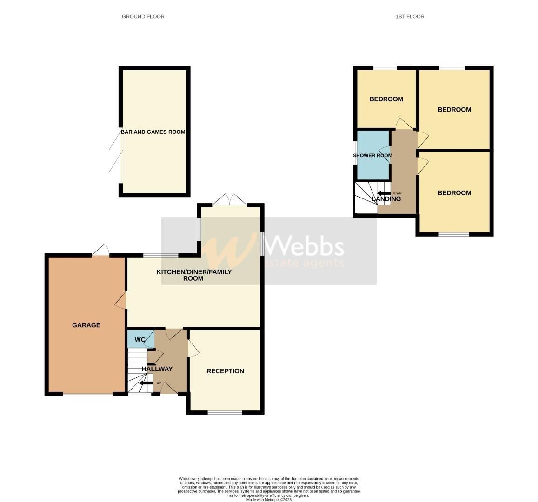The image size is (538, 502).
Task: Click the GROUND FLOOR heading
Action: coord(143,16)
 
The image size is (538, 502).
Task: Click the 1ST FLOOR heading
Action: coord(410,16)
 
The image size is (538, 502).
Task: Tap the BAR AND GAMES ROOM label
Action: coord(153,132)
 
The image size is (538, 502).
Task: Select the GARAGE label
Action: coord(86,325)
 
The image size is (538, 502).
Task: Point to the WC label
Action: coord(140,340)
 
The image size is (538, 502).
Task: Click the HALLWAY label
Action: coord(157,369)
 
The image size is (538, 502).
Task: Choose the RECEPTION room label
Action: coord(225,371)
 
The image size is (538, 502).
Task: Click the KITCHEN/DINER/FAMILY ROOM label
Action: coord(194,275)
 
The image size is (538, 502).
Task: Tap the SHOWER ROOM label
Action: coord(372,156)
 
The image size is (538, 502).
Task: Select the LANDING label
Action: coord(386,199)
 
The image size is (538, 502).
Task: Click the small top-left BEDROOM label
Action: coord(386,99)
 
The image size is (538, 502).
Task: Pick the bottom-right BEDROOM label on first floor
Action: coord(454,193)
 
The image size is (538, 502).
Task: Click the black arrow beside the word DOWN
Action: coord(384,193)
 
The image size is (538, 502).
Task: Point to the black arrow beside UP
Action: coord(146,383)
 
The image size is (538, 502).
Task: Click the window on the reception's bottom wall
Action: coord(225,412)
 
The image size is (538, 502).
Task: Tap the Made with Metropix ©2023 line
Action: coord(269,500)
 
